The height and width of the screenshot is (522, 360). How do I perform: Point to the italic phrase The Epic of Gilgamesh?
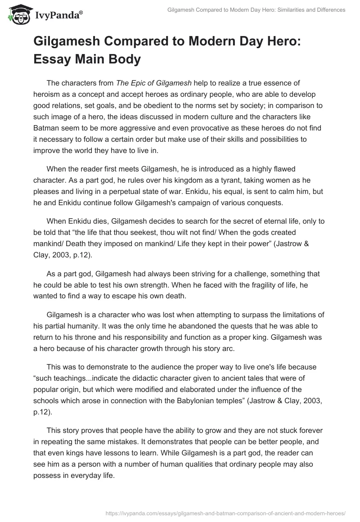(x=154, y=83)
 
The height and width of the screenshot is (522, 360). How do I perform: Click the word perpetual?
(x=128, y=191)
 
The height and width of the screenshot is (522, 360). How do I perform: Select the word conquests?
(x=265, y=202)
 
